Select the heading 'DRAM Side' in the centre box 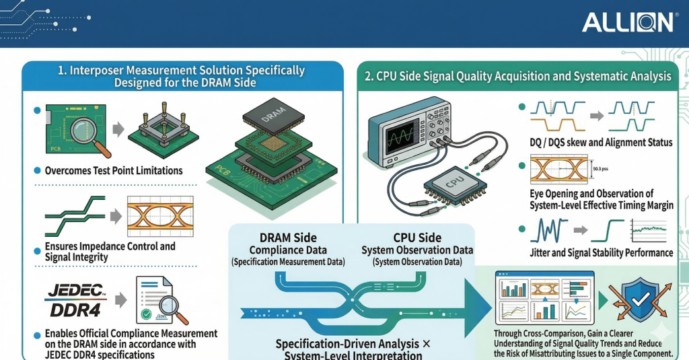pyautogui.click(x=288, y=238)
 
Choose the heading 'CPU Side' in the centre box pyautogui.click(x=417, y=238)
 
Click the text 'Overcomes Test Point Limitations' pyautogui.click(x=114, y=171)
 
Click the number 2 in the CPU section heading pyautogui.click(x=369, y=77)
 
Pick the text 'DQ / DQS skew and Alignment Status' pyautogui.click(x=601, y=142)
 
